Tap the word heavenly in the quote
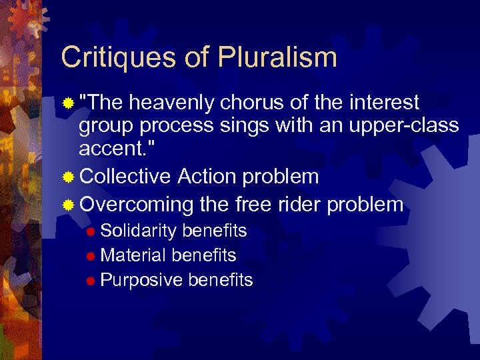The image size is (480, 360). click(x=171, y=103)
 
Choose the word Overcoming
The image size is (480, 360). click(x=136, y=204)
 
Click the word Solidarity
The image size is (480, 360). click(x=138, y=231)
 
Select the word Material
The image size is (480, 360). click(x=133, y=255)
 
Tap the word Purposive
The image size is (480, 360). click(x=141, y=280)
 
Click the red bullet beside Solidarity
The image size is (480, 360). click(x=91, y=232)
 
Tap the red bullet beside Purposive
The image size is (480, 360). click(x=91, y=281)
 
